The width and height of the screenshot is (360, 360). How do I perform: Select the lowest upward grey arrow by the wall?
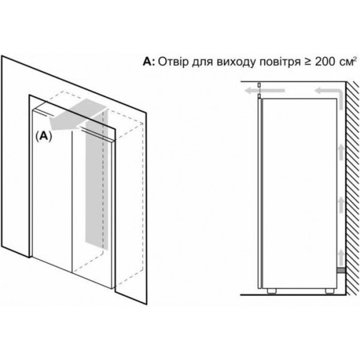[341, 257]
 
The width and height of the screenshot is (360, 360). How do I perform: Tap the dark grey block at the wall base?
[343, 271]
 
